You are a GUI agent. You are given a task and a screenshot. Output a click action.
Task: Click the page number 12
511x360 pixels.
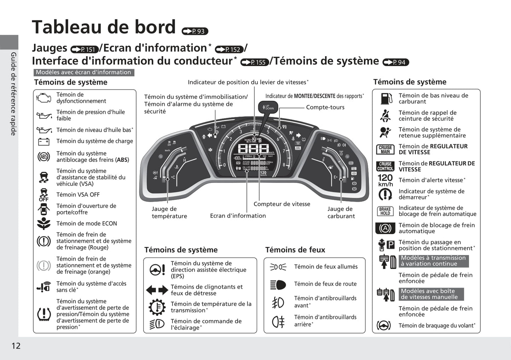(16, 346)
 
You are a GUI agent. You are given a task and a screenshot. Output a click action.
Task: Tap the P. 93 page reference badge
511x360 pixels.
(195, 31)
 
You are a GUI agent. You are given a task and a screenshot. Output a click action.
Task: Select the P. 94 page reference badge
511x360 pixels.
(396, 63)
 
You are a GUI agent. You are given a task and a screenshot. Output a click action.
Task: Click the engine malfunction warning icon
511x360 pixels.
(44, 98)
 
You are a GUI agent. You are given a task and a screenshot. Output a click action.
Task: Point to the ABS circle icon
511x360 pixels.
(44, 157)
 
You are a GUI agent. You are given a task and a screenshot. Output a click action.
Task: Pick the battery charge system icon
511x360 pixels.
(44, 141)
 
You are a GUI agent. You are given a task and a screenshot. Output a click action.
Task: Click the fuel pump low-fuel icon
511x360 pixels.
(386, 99)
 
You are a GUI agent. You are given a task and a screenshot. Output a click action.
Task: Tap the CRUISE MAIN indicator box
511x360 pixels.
(385, 149)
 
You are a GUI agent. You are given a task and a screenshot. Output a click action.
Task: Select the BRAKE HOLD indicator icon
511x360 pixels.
(385, 211)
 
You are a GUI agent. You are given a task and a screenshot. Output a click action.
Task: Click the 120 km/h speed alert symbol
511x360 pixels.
(385, 180)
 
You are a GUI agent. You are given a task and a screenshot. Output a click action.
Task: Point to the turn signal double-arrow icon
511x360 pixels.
(157, 290)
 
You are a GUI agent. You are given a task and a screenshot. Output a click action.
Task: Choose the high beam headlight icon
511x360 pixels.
(278, 284)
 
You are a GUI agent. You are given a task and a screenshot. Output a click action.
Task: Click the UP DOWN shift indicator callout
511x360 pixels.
(268, 107)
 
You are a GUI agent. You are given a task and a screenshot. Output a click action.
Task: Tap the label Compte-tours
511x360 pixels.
(325, 107)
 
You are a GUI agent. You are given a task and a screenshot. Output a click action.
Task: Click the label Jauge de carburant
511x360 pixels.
(340, 212)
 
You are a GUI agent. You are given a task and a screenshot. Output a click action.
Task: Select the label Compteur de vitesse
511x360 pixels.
(281, 204)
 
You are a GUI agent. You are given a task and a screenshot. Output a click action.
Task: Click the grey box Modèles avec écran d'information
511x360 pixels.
(84, 72)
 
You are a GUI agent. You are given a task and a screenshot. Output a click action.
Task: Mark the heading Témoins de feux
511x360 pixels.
(295, 250)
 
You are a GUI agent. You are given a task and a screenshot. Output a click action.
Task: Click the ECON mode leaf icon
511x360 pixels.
(44, 224)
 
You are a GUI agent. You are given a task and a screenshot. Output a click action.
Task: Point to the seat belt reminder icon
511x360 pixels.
(385, 116)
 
